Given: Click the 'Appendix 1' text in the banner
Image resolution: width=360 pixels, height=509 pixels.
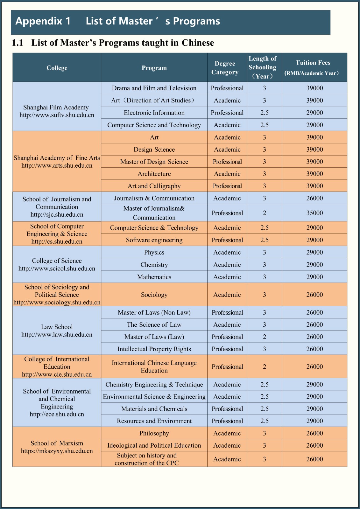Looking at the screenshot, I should point(43,21).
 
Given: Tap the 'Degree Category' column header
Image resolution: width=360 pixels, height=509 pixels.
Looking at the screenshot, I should point(225,68).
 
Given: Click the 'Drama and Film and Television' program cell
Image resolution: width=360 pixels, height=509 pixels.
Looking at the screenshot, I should point(154,88).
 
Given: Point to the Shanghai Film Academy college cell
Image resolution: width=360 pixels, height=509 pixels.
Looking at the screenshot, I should point(57,111).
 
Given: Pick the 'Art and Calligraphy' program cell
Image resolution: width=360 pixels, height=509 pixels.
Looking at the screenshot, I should point(154,186).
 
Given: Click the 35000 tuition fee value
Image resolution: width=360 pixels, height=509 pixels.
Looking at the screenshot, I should point(314,213).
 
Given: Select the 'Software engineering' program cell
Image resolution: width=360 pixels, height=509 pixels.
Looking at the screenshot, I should point(154,240).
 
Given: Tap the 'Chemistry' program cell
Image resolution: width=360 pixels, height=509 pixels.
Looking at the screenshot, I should point(154,265).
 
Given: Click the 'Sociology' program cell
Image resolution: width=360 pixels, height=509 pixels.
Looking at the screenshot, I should point(154,295).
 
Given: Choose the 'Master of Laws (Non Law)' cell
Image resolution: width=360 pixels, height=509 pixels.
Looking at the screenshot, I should point(154,312).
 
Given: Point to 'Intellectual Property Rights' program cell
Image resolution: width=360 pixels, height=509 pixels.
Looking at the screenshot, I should point(154,349).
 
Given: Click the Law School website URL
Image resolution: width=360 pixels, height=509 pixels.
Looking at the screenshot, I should point(57,335).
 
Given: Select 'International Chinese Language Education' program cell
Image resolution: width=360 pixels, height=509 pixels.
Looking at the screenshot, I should point(154,366).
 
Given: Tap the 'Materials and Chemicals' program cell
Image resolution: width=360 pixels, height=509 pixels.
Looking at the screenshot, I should point(154,409).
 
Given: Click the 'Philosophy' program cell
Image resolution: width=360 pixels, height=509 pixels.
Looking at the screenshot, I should point(154,433).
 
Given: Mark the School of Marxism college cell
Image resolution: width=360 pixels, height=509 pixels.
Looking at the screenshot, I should point(57,447).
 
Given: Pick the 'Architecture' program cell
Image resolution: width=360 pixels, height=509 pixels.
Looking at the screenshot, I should point(154,174).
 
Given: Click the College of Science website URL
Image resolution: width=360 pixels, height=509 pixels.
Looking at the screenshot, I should point(57,268).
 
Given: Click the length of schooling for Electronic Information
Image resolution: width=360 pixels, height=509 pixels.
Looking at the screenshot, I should point(264,113).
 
